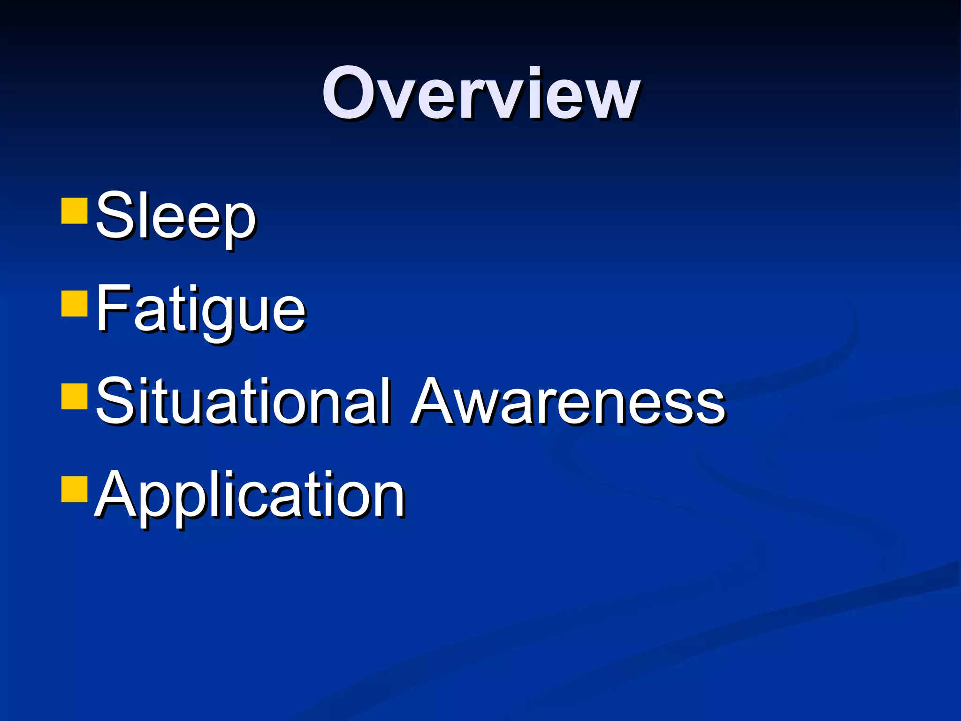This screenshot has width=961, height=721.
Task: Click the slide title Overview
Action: coord(480,94)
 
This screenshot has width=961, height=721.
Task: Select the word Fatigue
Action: coord(201,310)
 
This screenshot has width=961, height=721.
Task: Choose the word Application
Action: coord(250,496)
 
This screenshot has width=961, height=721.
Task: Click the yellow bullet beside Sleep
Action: coord(74,210)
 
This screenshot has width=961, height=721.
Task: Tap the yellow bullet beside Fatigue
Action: coord(74,304)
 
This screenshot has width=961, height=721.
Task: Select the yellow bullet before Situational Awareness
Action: coord(74,397)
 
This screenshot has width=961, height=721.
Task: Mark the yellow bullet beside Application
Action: coord(74,490)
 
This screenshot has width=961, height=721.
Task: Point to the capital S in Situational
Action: coord(114,401)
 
